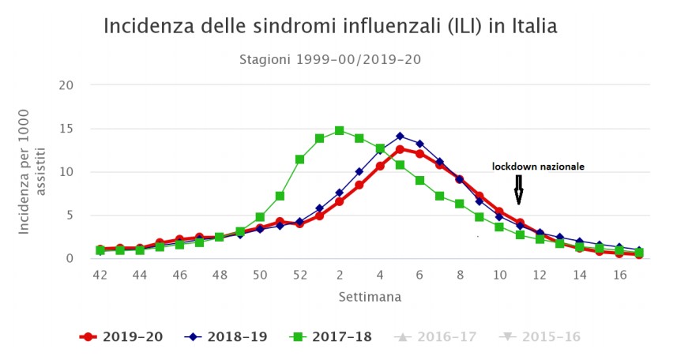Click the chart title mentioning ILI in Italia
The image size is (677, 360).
tap(330, 26)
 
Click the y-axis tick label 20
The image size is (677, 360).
tap(67, 85)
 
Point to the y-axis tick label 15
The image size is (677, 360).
tap(67, 129)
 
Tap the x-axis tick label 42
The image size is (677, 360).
tap(100, 274)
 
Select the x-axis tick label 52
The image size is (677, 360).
tap(299, 274)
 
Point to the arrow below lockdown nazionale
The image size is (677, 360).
tap(518, 189)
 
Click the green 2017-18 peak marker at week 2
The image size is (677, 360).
tap(340, 130)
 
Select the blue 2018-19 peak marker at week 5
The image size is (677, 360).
tap(400, 136)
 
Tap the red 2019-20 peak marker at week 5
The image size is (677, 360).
tap(400, 149)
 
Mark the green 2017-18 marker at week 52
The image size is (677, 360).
tap(299, 159)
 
